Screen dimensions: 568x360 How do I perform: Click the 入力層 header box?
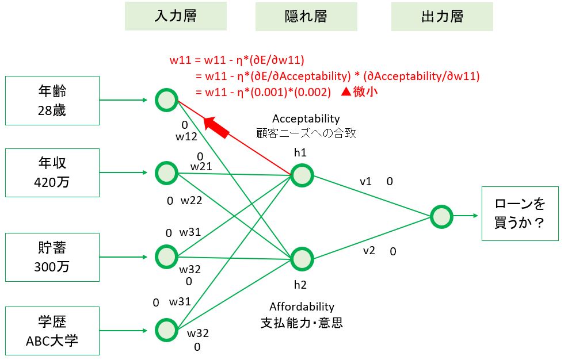pos(176,16)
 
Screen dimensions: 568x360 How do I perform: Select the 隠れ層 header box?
pos(306,16)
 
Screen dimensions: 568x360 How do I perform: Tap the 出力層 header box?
pos(442,16)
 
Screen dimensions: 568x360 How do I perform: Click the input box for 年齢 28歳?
pos(52,100)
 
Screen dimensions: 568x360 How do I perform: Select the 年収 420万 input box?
pos(52,173)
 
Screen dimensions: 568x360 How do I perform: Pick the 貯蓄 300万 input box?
pos(52,257)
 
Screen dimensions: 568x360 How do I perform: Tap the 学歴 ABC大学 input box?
pos(52,331)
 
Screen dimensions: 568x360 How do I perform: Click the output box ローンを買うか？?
pos(520,213)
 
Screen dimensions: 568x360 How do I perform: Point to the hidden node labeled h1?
pos(302,175)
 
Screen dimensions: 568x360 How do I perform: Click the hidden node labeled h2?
pos(302,259)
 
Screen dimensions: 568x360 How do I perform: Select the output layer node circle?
pos(441,217)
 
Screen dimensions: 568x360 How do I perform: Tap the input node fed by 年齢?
pos(166,100)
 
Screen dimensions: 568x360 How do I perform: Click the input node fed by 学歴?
pos(166,330)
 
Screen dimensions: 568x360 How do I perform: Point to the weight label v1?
pos(365,182)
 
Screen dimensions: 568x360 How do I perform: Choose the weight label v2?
pos(369,251)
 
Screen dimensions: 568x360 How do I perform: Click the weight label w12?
pos(186,136)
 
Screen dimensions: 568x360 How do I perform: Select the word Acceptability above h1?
pos(306,119)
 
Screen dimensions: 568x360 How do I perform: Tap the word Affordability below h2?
pos(302,307)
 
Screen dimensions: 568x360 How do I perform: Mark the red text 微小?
pos(365,91)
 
